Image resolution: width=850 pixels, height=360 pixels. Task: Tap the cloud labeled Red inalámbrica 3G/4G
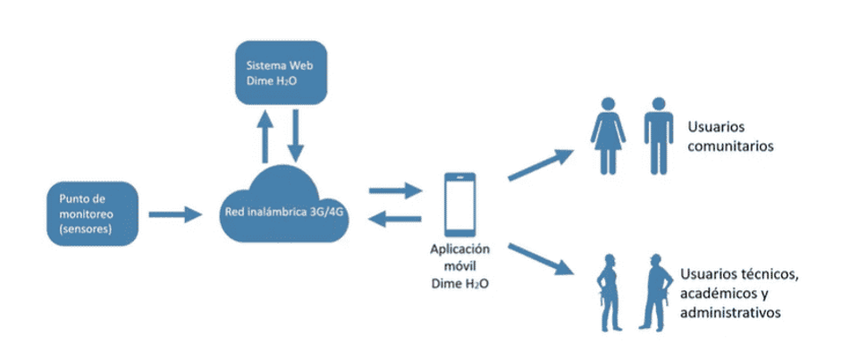281,211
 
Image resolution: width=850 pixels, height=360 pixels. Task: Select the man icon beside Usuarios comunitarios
659,135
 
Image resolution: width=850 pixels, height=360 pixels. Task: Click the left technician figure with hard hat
610,291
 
